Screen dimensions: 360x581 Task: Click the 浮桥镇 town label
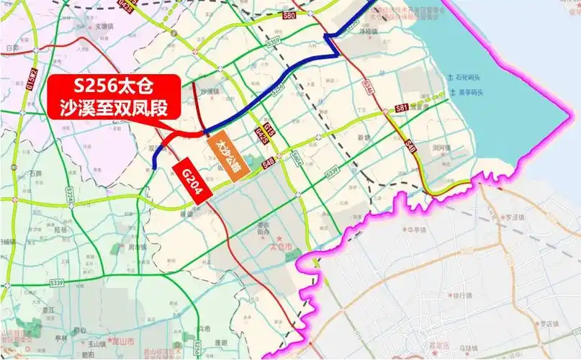(x=369, y=32)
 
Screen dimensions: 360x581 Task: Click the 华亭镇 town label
(x=418, y=230)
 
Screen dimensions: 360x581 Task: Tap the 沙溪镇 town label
(x=208, y=92)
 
